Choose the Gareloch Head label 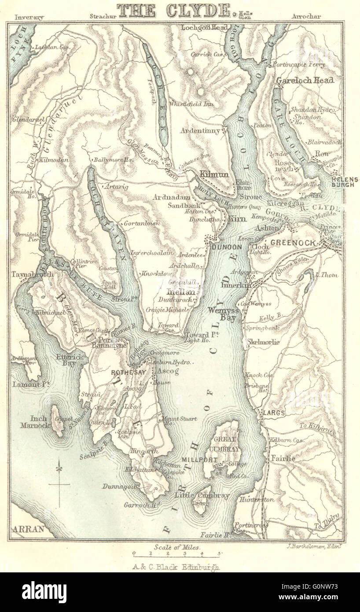[305, 81]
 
